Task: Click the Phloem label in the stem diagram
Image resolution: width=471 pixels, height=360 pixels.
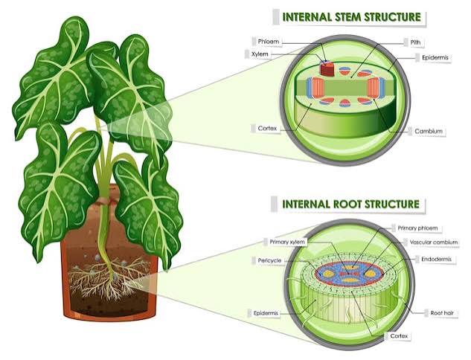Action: (x=269, y=42)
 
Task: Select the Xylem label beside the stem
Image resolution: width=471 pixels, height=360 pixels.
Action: (x=260, y=54)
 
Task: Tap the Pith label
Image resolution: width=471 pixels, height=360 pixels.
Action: (x=415, y=42)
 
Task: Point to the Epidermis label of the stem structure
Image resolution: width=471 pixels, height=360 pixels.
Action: (x=435, y=57)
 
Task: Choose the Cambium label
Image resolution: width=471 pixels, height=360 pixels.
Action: (x=429, y=131)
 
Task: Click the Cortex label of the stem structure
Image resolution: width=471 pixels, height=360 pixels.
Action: (x=267, y=129)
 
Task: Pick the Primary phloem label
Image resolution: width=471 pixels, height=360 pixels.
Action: (x=417, y=228)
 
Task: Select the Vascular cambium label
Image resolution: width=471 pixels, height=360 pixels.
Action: (x=434, y=242)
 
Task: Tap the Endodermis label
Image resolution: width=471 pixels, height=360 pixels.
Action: (x=436, y=259)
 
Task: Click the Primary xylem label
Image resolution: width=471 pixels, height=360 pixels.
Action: (x=287, y=242)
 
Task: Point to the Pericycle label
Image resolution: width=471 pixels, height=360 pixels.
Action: (x=269, y=260)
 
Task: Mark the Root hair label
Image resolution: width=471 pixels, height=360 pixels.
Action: (x=442, y=313)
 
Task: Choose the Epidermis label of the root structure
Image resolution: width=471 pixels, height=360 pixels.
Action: (x=266, y=313)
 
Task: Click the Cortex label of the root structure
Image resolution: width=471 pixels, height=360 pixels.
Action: (x=399, y=336)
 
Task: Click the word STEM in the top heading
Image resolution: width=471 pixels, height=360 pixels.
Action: (x=343, y=17)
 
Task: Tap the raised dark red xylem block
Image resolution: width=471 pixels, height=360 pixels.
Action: (x=327, y=68)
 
